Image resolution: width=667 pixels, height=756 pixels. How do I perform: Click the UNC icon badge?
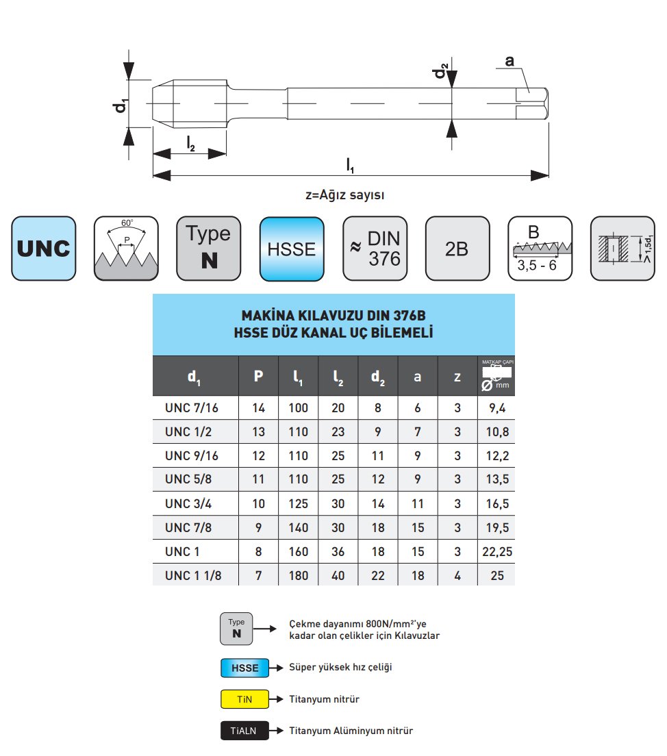point(44,249)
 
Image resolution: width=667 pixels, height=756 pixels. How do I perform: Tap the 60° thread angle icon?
point(126,249)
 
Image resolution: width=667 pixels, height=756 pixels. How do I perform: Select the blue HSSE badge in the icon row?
point(292,249)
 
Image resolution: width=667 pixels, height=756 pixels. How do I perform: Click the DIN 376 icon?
point(375,249)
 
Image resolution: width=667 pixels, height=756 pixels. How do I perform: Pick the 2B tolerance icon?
point(457,249)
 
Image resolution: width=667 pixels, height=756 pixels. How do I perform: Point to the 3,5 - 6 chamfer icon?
point(540,249)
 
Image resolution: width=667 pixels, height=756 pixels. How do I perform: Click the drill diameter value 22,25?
point(497,551)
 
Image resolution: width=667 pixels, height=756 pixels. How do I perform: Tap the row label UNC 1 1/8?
point(193,575)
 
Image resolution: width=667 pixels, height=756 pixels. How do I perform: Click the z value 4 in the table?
point(457,575)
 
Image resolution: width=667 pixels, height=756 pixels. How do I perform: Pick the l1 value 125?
point(298,503)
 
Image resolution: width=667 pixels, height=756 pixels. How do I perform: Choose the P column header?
point(258,376)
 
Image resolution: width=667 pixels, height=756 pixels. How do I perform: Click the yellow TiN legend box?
point(244,699)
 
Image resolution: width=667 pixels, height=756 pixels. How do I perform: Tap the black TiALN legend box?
point(244,731)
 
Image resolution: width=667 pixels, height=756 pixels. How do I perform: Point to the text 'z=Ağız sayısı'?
point(345,194)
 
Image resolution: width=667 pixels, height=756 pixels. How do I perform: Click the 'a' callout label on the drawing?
point(509,62)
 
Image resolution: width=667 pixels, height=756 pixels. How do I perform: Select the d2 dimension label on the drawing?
point(444,71)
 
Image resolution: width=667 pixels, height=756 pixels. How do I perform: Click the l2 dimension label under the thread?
point(191,143)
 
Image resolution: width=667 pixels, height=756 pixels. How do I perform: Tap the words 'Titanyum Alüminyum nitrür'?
point(351,731)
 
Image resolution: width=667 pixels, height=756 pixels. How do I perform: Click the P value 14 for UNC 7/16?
point(258,408)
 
